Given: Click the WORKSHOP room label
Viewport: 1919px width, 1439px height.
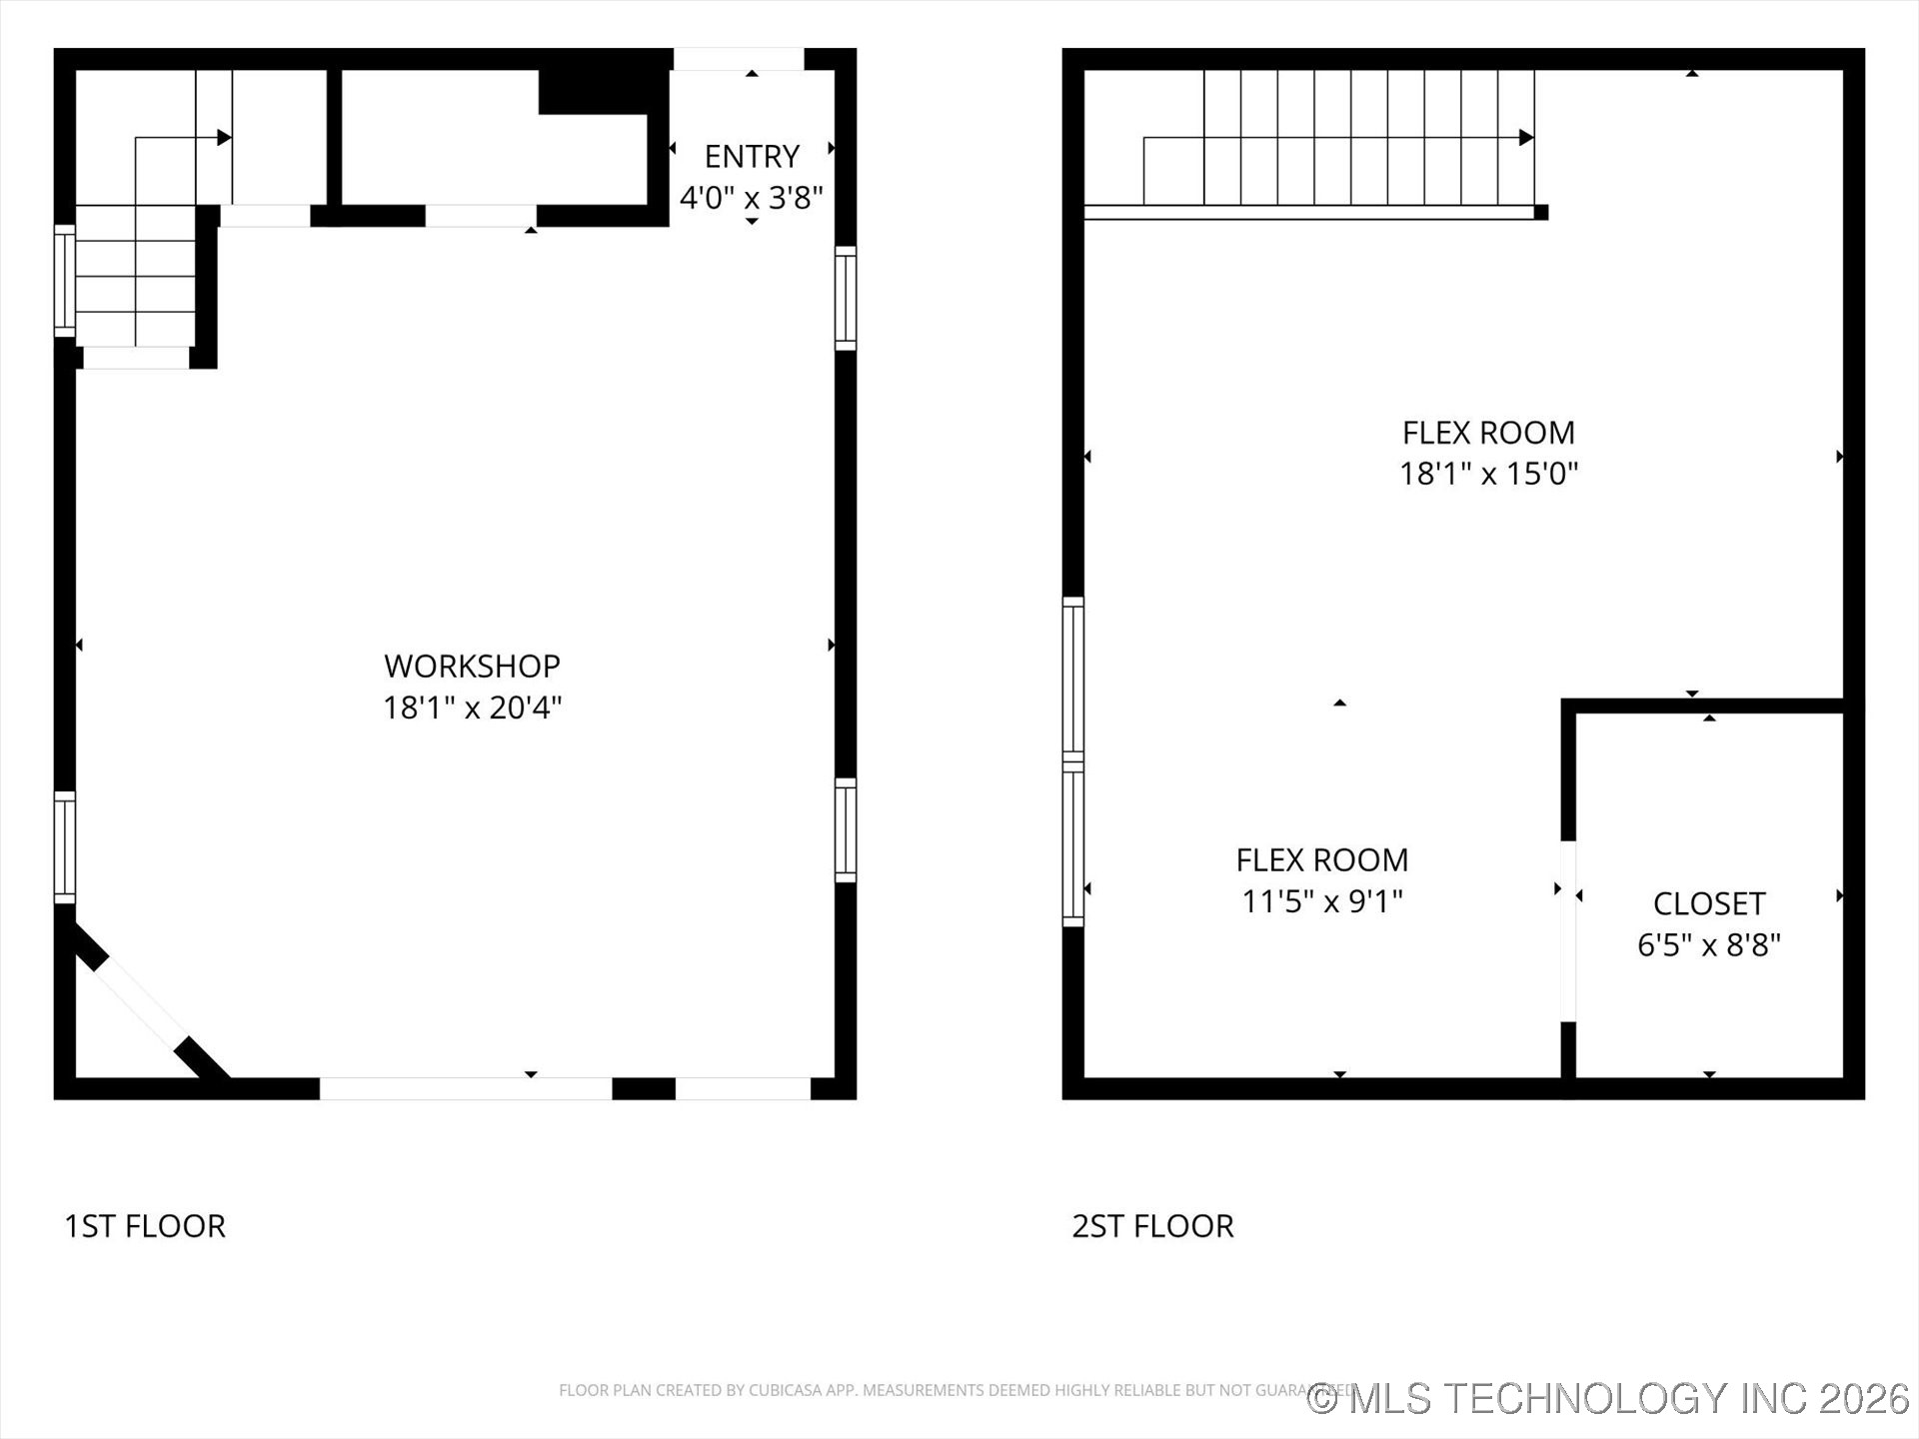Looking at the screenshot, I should (x=472, y=666).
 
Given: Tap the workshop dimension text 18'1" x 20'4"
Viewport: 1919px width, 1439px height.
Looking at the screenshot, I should (x=472, y=708).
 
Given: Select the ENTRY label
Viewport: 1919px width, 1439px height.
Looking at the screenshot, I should (x=752, y=157).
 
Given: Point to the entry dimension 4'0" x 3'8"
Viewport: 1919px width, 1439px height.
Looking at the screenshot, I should (x=752, y=198).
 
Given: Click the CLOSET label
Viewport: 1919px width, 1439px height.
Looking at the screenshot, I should (x=1709, y=903).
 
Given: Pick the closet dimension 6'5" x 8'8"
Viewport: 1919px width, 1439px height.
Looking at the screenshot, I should (x=1709, y=944).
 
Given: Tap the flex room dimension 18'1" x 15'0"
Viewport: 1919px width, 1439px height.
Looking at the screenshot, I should (x=1488, y=473).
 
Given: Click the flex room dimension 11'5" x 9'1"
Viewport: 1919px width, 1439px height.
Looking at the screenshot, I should (x=1321, y=901).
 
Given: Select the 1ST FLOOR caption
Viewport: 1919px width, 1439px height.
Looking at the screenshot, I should (x=145, y=1226).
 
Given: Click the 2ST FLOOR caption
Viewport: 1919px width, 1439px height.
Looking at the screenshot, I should (x=1152, y=1226).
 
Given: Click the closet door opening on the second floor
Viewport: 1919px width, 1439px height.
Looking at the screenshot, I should (x=1568, y=931).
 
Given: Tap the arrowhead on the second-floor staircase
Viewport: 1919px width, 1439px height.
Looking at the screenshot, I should (x=1526, y=138).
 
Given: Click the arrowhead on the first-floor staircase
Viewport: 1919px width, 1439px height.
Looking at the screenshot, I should (x=225, y=138).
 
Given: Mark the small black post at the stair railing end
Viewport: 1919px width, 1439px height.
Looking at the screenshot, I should (x=1541, y=212).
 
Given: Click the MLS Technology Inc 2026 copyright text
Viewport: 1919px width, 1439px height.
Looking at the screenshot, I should (x=1608, y=1398).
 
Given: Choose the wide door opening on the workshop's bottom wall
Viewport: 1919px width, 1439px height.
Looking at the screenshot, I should (x=466, y=1088).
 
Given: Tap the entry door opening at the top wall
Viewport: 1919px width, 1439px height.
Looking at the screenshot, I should (x=739, y=60).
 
